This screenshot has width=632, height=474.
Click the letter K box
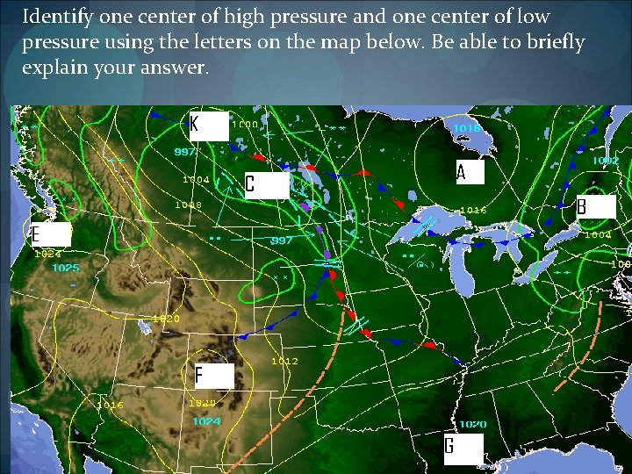209,126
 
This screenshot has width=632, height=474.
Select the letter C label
265,184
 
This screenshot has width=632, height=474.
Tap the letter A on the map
470,172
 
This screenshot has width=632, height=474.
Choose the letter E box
50,235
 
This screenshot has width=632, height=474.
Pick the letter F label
213,376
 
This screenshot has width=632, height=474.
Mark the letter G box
463,448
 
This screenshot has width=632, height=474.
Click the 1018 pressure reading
466,128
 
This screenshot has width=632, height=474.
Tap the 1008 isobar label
188,205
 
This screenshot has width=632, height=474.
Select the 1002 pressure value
604,161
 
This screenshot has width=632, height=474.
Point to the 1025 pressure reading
65,267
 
